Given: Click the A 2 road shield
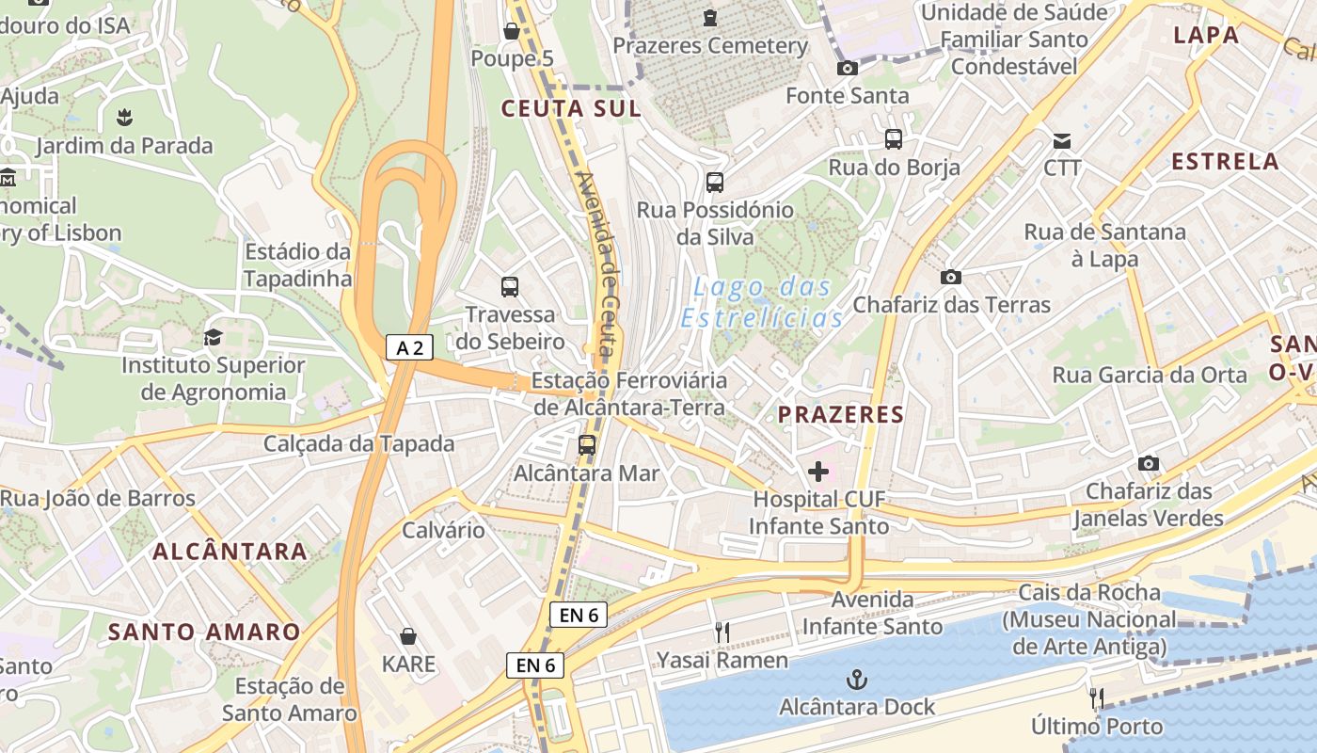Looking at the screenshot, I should tap(409, 347).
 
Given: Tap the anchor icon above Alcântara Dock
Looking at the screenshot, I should tap(856, 679).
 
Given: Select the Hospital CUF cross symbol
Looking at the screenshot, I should tap(817, 471).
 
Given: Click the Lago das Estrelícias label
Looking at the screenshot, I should tap(761, 302).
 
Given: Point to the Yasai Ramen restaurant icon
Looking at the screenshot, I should tap(722, 633).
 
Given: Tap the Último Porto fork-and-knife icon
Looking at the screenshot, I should tap(1096, 697).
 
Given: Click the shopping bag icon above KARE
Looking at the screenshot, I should tap(408, 637).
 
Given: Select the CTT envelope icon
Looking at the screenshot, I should tap(1062, 141).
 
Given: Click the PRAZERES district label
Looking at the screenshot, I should tap(840, 414).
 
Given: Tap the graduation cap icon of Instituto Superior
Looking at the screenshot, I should tap(213, 337).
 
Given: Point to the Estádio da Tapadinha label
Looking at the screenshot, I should tap(297, 265).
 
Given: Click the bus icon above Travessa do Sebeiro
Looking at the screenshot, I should tap(510, 287).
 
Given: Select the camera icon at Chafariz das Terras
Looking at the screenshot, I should tap(951, 277).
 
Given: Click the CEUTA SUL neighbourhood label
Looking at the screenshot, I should tap(570, 108).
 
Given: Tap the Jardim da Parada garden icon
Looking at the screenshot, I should tap(123, 118).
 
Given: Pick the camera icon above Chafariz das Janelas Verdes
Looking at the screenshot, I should tap(1148, 463).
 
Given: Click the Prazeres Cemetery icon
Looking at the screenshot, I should tap(710, 17).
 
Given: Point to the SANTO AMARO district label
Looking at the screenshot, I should tap(204, 632).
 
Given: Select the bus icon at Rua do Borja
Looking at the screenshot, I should tap(894, 139).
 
